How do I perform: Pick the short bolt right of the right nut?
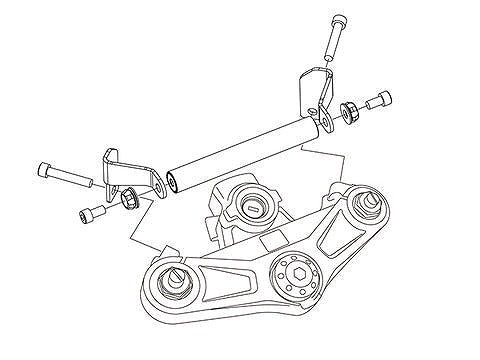tap(379, 101)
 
